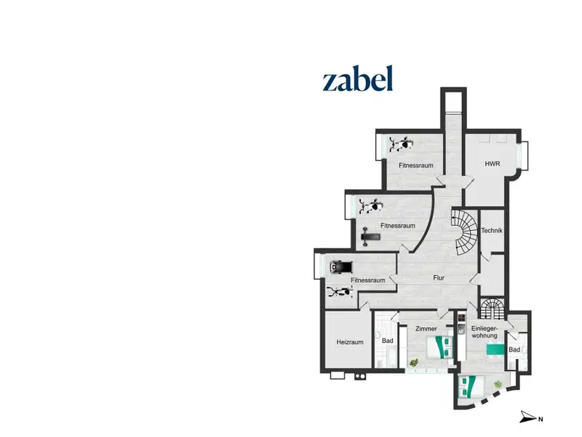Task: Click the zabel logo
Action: point(357,79)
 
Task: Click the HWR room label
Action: point(493,163)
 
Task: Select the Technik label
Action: point(492,230)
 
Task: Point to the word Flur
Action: point(439,277)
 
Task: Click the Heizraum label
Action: point(350,342)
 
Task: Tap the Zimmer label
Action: point(426,328)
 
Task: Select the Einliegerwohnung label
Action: point(484,332)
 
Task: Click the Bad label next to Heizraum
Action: point(388,340)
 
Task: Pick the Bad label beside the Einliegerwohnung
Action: point(514,350)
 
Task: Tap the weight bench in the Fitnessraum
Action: point(370,237)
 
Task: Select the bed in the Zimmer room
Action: point(440,347)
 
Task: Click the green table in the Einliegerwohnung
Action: point(496,350)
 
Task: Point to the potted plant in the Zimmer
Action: point(414,362)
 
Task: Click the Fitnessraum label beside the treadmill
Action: point(367,280)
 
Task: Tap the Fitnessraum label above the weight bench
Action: point(397,226)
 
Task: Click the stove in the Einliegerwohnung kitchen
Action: point(461,318)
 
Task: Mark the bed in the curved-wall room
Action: point(468,387)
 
